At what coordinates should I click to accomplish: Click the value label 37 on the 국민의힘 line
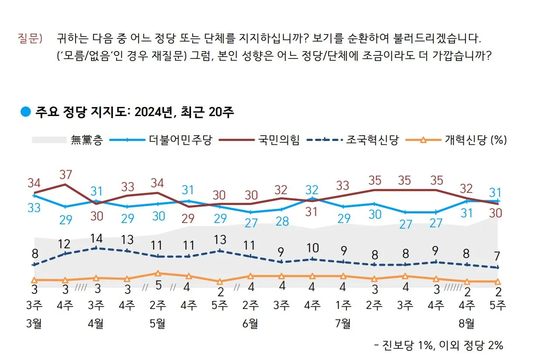[65, 175]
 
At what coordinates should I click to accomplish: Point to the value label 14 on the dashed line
[96, 239]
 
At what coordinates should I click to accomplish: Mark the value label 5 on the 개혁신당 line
[158, 286]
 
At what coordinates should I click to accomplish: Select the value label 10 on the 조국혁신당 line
[312, 248]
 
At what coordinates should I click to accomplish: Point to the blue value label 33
[34, 208]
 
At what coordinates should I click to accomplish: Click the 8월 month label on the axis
[467, 324]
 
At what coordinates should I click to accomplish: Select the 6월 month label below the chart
[250, 324]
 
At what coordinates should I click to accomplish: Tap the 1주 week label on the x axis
[343, 305]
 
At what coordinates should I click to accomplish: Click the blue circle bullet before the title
[26, 112]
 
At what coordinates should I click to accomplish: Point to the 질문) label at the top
[30, 38]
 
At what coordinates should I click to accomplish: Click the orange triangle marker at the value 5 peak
[158, 274]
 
